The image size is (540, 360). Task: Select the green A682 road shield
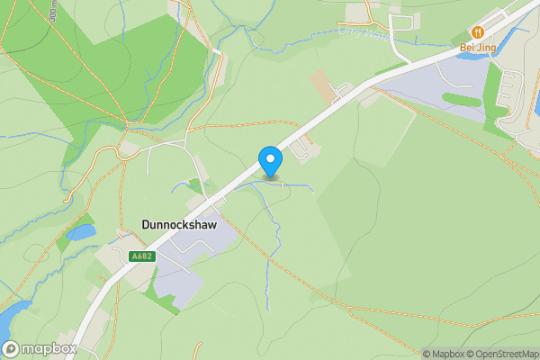point(142,256)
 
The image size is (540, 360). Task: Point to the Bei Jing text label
point(479,47)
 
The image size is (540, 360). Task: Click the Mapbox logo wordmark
point(40,348)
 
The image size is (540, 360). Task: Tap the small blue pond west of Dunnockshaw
point(82,232)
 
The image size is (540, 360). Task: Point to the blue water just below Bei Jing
point(472,56)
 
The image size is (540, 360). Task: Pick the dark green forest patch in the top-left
point(135,72)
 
